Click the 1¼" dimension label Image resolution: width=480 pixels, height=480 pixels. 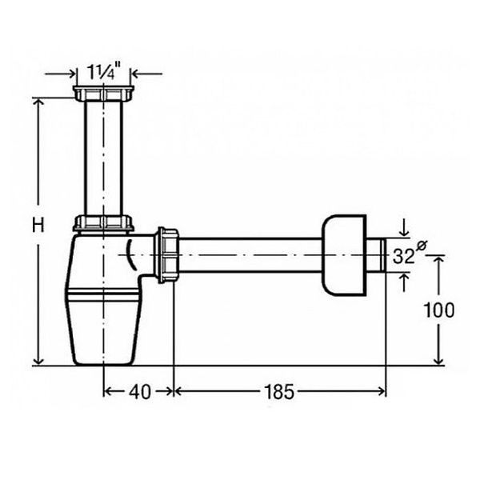[x=104, y=72]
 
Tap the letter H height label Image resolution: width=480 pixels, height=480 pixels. [x=38, y=225]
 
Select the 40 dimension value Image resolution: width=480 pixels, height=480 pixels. [x=139, y=391]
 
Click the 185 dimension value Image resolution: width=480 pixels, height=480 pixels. [x=279, y=391]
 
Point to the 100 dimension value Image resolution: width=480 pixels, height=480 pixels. [x=438, y=310]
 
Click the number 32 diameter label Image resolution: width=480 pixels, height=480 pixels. [x=403, y=256]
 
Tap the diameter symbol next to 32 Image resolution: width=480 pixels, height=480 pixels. [x=422, y=246]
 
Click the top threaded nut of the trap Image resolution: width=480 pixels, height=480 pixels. [x=103, y=94]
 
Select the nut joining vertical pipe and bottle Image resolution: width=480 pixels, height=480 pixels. [x=103, y=223]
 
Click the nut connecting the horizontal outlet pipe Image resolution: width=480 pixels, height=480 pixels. [x=167, y=255]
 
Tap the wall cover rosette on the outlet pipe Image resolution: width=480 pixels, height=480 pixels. [x=344, y=255]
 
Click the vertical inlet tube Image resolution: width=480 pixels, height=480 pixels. [x=103, y=158]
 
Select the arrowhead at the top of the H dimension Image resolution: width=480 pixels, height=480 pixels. [x=38, y=103]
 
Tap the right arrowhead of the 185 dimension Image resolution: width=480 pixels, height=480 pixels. [x=382, y=391]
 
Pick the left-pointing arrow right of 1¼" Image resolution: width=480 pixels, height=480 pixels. [x=146, y=74]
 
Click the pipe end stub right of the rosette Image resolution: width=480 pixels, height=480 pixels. [x=376, y=254]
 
